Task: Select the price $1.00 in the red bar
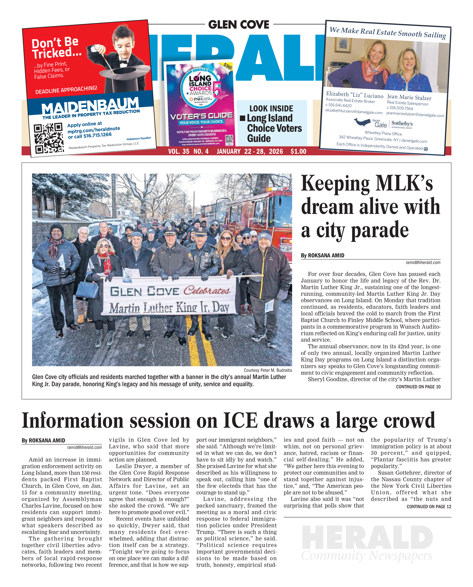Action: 298,151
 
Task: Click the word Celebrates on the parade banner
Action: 207,290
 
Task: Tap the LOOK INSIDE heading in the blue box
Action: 271,109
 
